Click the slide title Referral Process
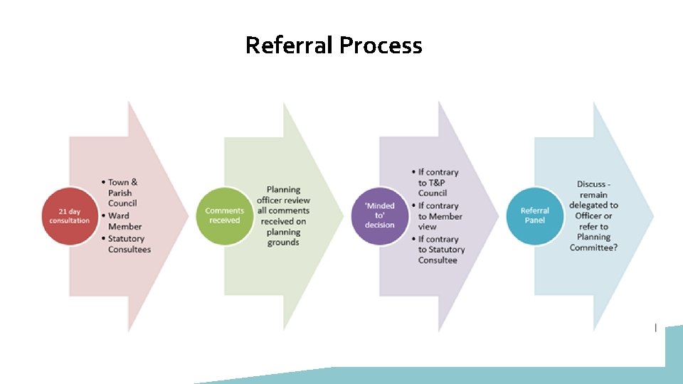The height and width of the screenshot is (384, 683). pyautogui.click(x=333, y=46)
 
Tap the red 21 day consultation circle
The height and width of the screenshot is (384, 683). pyautogui.click(x=70, y=215)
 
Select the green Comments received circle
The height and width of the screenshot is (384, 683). pyautogui.click(x=224, y=215)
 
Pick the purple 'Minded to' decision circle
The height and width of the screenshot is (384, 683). pyautogui.click(x=379, y=215)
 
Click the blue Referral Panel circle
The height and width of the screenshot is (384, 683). pyautogui.click(x=534, y=215)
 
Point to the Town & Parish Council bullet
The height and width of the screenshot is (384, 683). pyautogui.click(x=122, y=193)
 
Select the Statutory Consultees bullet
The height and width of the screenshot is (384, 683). pyautogui.click(x=129, y=244)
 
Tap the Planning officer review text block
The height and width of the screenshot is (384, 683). pyautogui.click(x=282, y=216)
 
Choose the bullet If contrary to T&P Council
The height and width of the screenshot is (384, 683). pyautogui.click(x=438, y=183)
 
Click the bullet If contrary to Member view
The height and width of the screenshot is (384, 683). pyautogui.click(x=440, y=216)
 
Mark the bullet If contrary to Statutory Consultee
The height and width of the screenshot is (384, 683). pyautogui.click(x=440, y=250)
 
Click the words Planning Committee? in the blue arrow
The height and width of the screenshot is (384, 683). pyautogui.click(x=593, y=242)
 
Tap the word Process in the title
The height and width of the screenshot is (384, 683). pyautogui.click(x=381, y=46)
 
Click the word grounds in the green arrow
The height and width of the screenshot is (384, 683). pyautogui.click(x=283, y=242)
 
